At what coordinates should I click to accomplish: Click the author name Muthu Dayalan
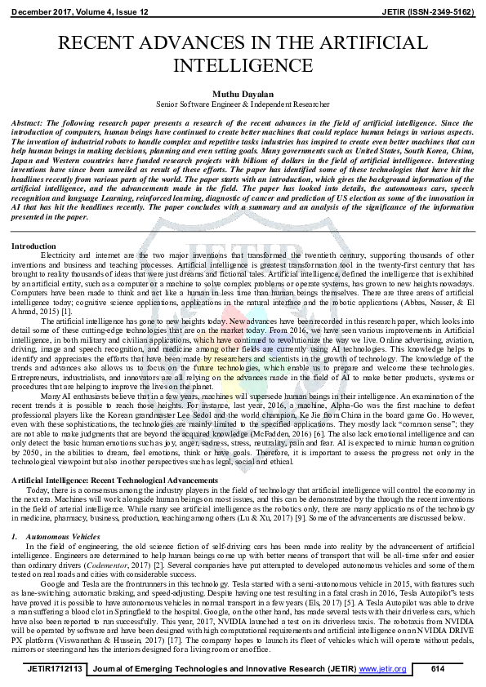click(x=242, y=94)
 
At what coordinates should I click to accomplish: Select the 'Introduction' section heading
click(x=34, y=246)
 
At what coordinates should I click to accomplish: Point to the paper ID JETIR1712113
click(x=54, y=669)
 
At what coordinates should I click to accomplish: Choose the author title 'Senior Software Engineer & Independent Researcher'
click(x=242, y=104)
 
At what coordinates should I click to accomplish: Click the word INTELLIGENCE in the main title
click(x=243, y=64)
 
